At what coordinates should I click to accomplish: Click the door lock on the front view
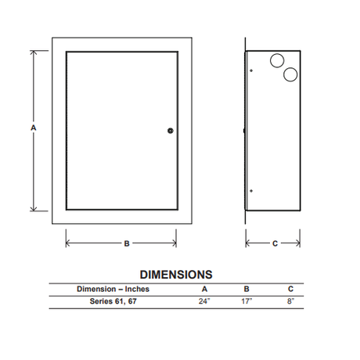pyautogui.click(x=171, y=131)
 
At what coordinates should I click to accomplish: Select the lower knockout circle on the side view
pyautogui.click(x=290, y=74)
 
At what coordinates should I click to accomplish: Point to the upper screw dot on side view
pyautogui.click(x=251, y=70)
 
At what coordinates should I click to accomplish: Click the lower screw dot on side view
pyautogui.click(x=251, y=191)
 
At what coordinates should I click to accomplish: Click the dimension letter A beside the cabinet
pyautogui.click(x=34, y=128)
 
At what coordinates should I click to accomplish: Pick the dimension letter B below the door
pyautogui.click(x=127, y=243)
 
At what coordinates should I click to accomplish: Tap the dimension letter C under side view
pyautogui.click(x=275, y=243)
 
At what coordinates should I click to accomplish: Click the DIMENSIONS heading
pyautogui.click(x=176, y=275)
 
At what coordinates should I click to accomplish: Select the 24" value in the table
pyautogui.click(x=204, y=301)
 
